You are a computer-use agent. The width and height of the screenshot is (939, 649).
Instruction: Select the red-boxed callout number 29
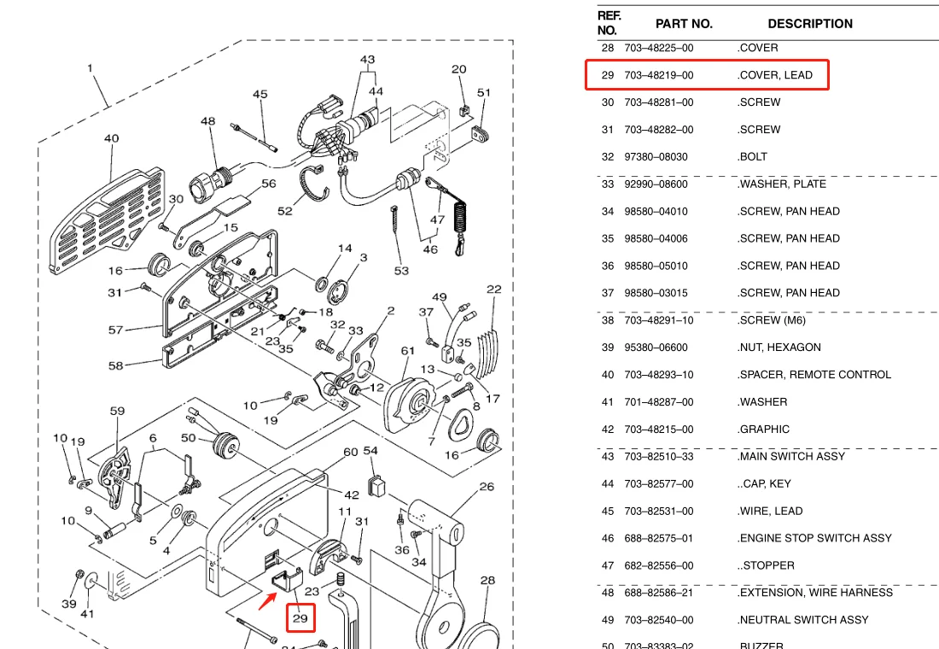[301, 617]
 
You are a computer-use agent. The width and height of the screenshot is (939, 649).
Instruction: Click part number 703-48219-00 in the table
[658, 75]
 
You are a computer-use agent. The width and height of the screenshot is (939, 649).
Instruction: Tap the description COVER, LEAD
[775, 75]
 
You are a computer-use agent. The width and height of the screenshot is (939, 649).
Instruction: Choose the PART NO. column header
[684, 24]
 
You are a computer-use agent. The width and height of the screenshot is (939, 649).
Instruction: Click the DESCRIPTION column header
[810, 24]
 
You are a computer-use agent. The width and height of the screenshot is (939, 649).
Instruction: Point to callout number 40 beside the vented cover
[111, 138]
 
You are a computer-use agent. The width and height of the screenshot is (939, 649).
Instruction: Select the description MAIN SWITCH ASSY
[791, 456]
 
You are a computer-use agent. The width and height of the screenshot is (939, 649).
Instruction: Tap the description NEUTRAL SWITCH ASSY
[803, 620]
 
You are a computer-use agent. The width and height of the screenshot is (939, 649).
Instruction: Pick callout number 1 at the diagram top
[90, 67]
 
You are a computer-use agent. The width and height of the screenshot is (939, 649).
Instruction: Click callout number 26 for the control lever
[487, 488]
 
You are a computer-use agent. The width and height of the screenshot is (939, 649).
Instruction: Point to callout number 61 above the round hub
[408, 351]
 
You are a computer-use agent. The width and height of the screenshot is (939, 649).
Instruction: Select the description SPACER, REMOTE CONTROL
[814, 375]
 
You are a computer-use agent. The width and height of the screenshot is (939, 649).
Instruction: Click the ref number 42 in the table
[608, 430]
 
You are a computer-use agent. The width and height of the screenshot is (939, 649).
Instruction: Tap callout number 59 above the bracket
[117, 411]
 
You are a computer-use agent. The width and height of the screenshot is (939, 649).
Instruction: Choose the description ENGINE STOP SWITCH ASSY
[814, 538]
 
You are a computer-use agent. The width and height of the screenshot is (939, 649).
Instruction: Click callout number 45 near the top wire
[260, 95]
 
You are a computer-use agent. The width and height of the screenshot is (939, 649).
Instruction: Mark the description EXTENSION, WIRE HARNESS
[815, 593]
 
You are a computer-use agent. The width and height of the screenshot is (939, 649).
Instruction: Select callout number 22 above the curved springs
[494, 289]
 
